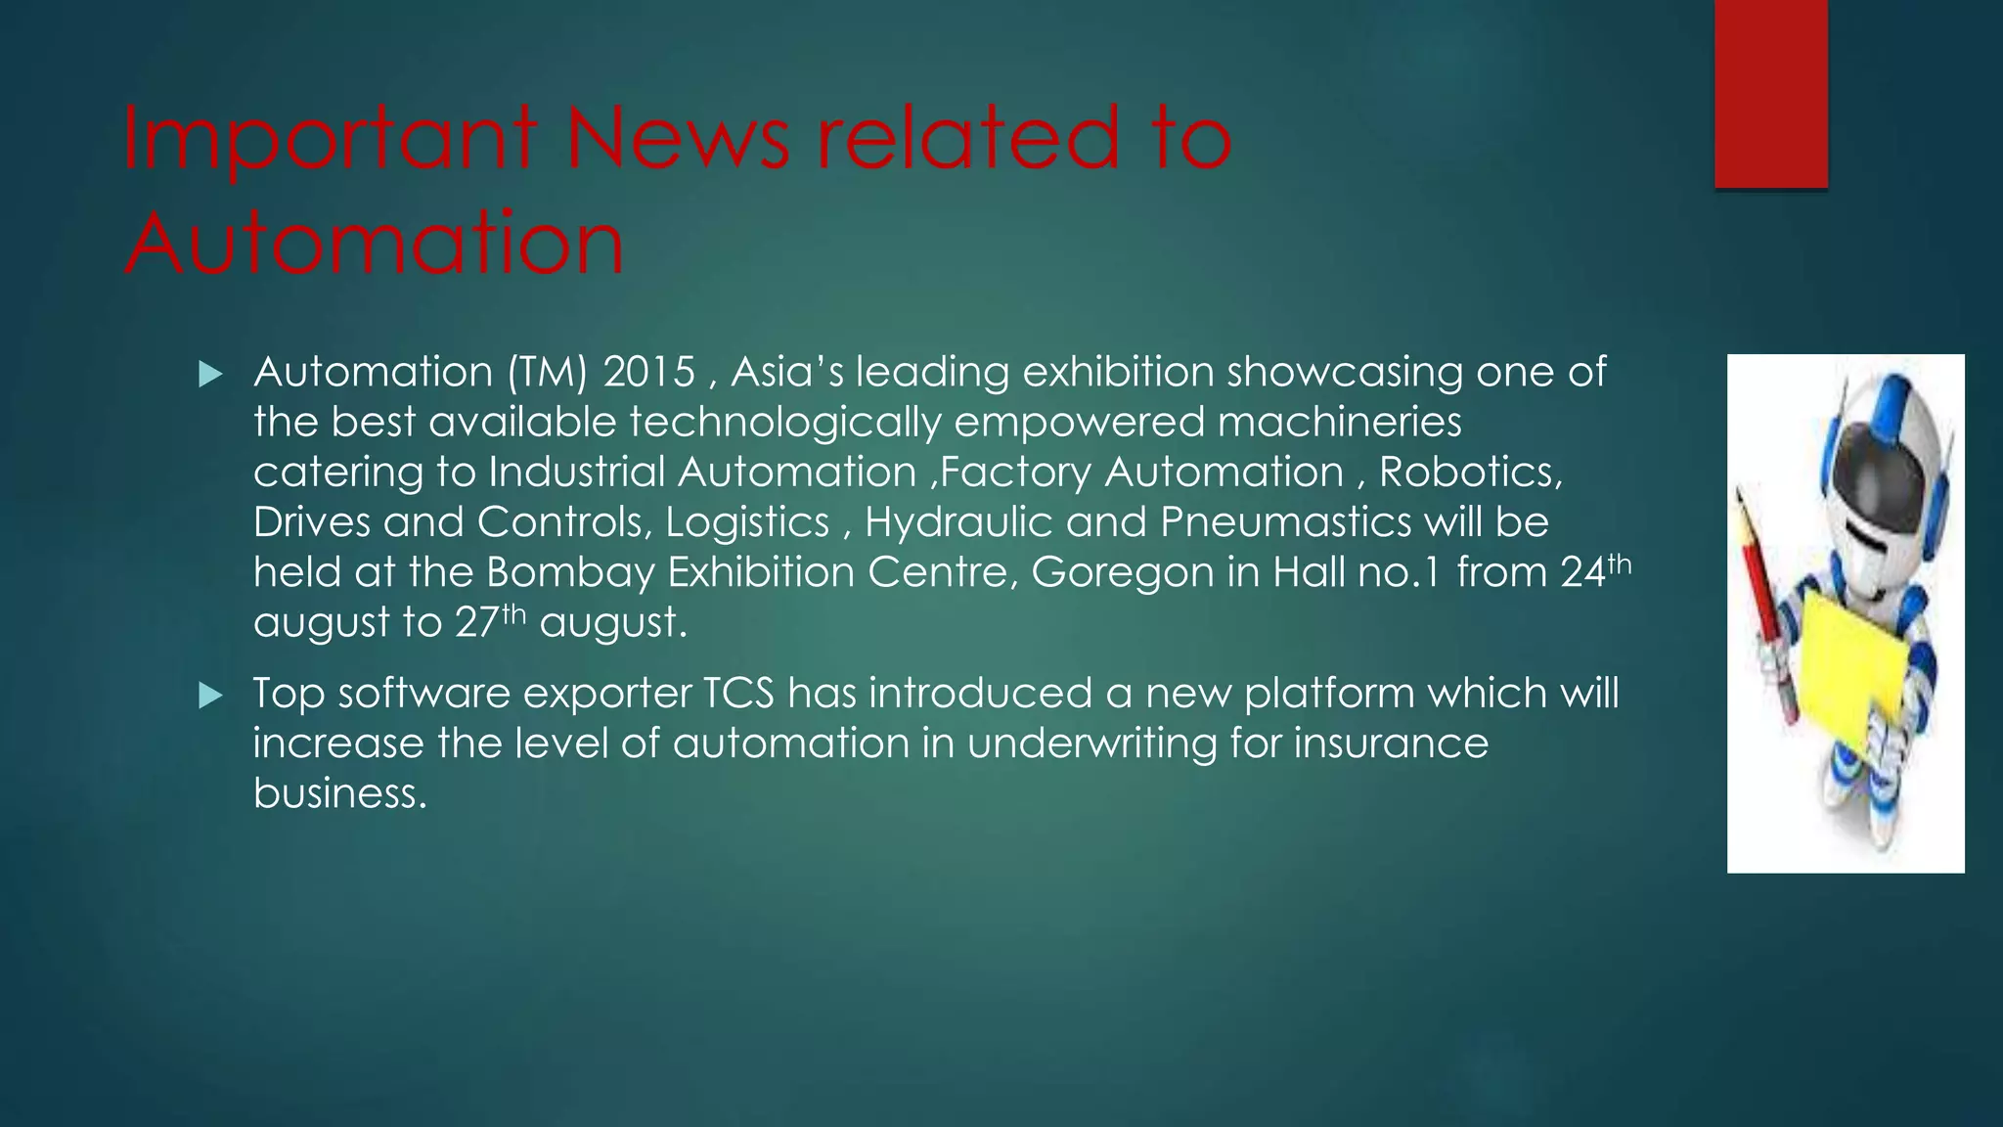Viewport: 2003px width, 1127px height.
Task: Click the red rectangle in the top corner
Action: [1770, 93]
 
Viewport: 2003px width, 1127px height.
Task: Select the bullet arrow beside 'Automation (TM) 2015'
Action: [209, 374]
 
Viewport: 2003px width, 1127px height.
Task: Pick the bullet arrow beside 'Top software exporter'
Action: [209, 696]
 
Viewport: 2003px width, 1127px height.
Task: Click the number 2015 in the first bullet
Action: [649, 373]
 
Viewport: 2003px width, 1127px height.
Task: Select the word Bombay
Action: [569, 572]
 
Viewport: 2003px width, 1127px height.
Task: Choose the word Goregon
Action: [1122, 573]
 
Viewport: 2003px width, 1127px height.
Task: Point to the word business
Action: [339, 792]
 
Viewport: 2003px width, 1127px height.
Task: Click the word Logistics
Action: [747, 522]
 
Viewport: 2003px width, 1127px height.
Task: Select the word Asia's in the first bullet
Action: [786, 373]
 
